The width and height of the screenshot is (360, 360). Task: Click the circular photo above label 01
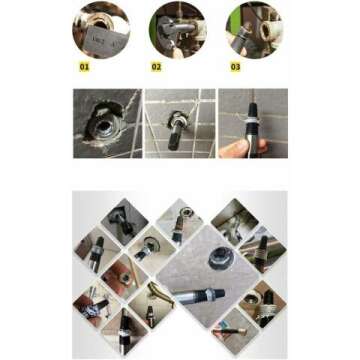100,30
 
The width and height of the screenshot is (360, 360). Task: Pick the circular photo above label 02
177,30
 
